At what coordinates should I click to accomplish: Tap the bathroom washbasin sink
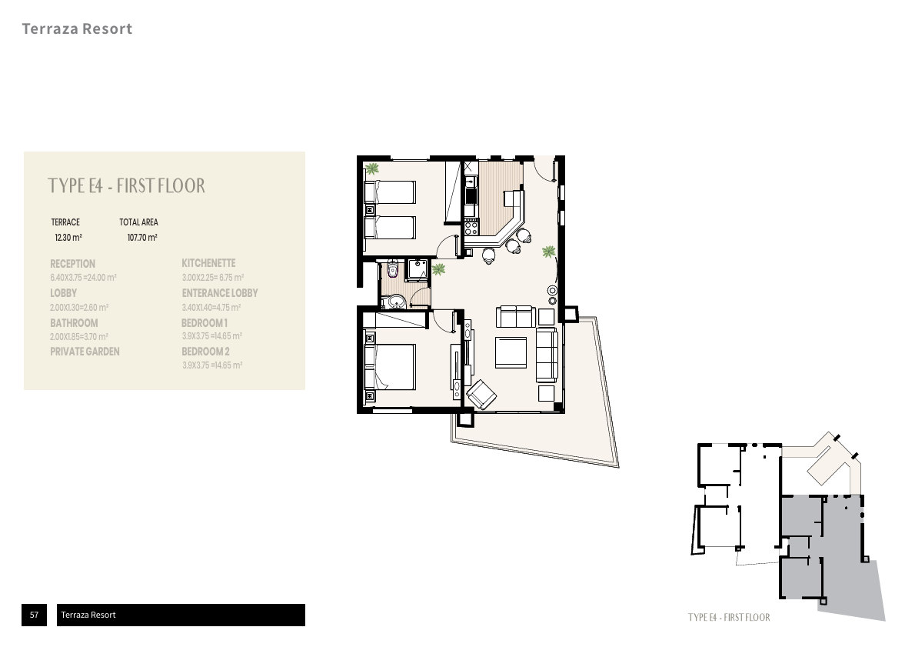396,302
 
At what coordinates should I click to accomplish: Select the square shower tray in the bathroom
418,269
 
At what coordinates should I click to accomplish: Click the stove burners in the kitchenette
471,226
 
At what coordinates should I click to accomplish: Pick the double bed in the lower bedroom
389,366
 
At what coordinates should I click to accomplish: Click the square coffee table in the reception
511,352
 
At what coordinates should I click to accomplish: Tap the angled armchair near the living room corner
481,394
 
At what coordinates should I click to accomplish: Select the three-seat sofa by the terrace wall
547,355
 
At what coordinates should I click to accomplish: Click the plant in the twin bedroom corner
371,169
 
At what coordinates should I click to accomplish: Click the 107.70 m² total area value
142,238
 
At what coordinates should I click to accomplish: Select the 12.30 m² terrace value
68,238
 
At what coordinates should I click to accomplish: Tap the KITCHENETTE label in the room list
208,263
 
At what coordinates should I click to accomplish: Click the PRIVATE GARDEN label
85,352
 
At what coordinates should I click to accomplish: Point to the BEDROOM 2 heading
205,352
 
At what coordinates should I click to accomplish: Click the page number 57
34,614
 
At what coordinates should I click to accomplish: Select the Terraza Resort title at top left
77,28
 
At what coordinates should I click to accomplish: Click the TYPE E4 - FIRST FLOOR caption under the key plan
729,617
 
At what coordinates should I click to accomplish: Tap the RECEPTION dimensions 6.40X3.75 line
84,278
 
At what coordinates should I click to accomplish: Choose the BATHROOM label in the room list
74,323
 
